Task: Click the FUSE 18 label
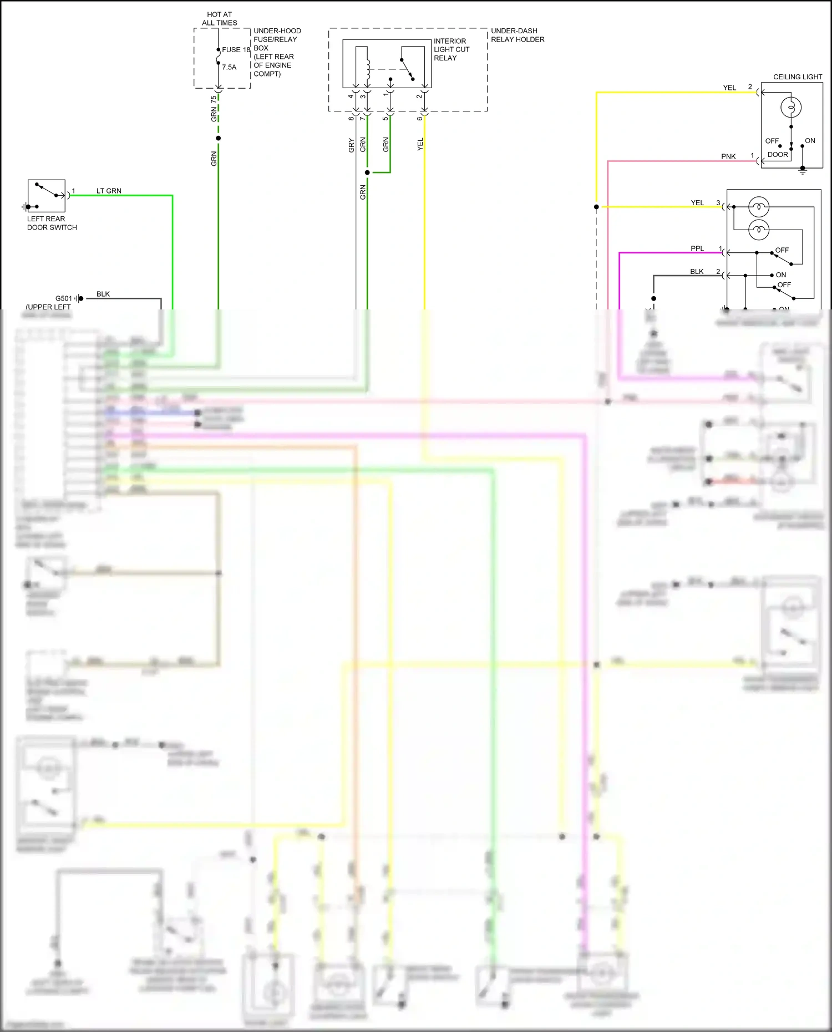(236, 50)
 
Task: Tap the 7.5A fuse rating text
(229, 67)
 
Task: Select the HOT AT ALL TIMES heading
(219, 19)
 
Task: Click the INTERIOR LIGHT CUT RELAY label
(451, 49)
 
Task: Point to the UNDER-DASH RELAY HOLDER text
(517, 35)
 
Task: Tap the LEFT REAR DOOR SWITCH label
(52, 223)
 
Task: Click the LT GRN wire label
(109, 191)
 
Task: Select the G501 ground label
(63, 298)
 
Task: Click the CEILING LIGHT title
(797, 77)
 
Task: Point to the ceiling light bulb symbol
(791, 107)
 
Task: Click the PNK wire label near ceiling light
(728, 156)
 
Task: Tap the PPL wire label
(697, 248)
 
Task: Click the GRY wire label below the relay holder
(351, 145)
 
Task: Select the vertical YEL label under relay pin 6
(420, 144)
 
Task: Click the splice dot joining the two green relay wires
(367, 172)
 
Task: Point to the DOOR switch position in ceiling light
(778, 155)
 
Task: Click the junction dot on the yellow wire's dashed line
(596, 207)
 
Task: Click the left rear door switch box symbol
(47, 196)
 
